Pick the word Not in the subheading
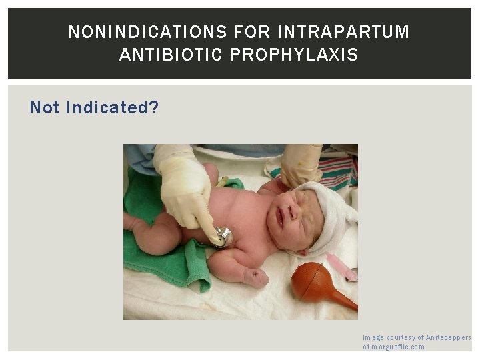(x=45, y=107)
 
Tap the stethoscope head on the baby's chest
(x=221, y=236)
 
